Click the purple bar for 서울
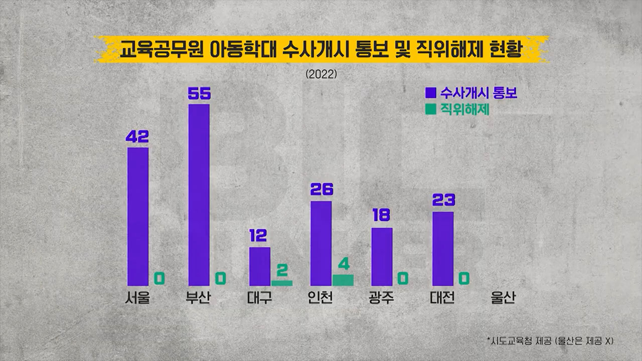point(138,217)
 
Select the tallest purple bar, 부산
point(199,195)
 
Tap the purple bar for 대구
point(260,266)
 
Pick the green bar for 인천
point(343,280)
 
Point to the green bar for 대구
point(282,283)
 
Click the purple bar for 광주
point(382,257)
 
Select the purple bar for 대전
point(443,249)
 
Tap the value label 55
point(199,94)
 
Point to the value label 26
point(322,190)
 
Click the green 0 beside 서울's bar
point(159,278)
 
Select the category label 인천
point(321,299)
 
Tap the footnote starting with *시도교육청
point(550,340)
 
